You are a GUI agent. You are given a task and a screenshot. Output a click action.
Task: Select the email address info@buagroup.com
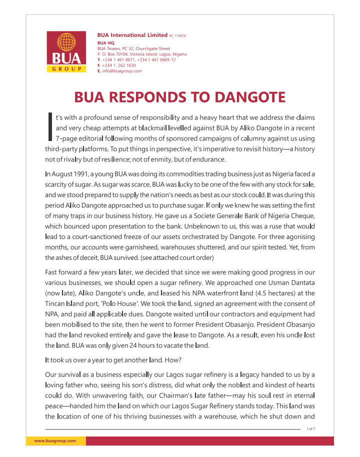(122, 71)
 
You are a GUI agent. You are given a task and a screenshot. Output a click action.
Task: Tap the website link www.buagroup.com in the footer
(54, 441)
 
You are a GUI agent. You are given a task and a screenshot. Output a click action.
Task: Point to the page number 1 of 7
(310, 429)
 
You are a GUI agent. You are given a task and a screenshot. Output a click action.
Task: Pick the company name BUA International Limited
(132, 35)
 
